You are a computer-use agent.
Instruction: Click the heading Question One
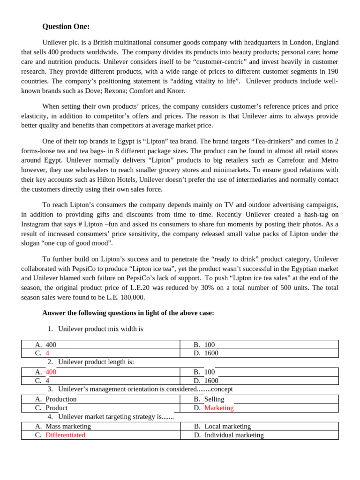[66, 27]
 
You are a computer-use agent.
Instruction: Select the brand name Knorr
[176, 91]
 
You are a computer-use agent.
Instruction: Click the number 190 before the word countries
[332, 71]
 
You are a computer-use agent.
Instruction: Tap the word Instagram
[36, 224]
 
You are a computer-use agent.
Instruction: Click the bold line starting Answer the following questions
[128, 313]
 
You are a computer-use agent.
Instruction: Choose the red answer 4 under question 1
[47, 353]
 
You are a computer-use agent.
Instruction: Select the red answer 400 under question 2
[51, 372]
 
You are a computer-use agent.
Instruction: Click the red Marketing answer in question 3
[218, 408]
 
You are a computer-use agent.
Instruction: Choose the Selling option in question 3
[214, 399]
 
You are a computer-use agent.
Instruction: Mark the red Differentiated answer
[65, 435]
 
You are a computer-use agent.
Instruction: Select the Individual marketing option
[233, 435]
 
